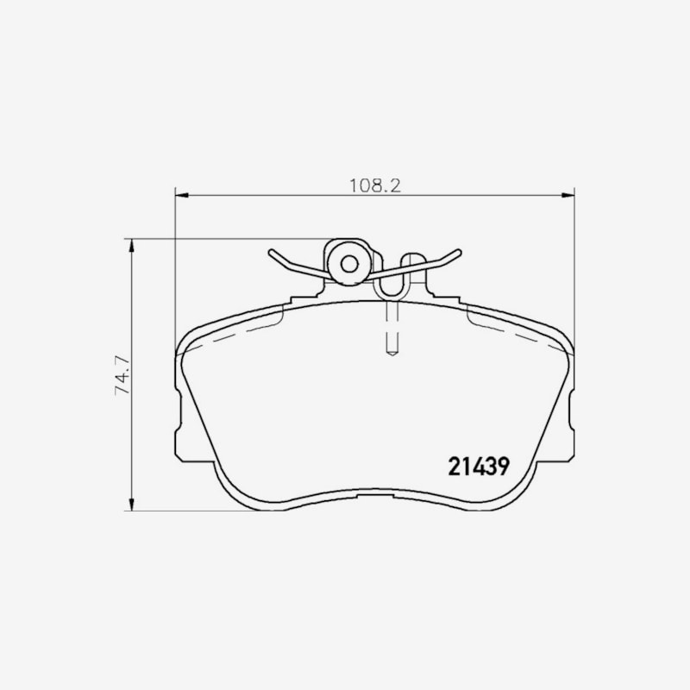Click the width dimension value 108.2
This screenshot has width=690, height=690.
[375, 185]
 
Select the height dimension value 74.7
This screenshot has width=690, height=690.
[122, 375]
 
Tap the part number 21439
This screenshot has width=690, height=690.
[479, 467]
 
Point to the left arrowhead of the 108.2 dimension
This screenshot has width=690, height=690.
[182, 195]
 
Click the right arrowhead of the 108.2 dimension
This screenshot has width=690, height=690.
[568, 195]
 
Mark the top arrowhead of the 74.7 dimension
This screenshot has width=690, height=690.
[131, 246]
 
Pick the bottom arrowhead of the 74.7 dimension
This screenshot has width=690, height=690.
[131, 505]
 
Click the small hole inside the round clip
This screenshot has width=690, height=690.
[350, 264]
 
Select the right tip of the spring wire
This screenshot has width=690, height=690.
[459, 252]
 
